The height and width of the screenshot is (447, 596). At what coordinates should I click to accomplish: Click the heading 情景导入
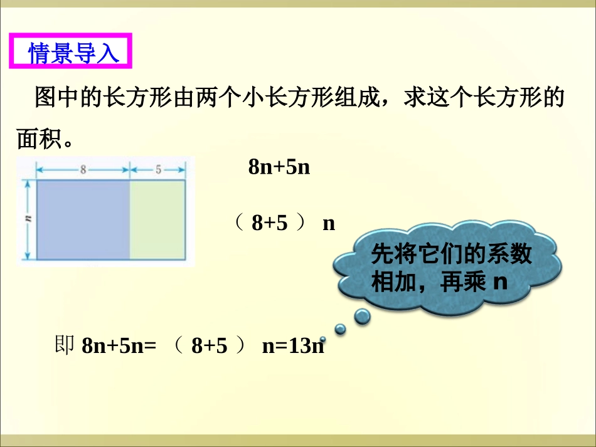[x=73, y=53]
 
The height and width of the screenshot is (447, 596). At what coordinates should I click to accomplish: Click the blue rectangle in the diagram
[x=83, y=219]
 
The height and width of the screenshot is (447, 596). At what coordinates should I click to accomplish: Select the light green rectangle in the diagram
[x=157, y=219]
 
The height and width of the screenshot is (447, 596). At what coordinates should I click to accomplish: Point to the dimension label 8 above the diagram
[x=83, y=169]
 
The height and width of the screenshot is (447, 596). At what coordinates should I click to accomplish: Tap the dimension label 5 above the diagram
[x=157, y=169]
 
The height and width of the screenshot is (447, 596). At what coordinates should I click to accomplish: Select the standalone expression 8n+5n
[x=280, y=167]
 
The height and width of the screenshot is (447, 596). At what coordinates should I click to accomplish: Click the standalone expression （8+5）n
[x=285, y=223]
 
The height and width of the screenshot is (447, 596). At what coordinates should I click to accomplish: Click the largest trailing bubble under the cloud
[x=363, y=317]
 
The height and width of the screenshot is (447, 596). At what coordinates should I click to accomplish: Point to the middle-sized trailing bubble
[x=340, y=329]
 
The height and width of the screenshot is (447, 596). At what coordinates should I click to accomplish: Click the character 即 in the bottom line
[x=65, y=345]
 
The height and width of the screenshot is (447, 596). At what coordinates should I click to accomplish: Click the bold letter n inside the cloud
[x=499, y=282]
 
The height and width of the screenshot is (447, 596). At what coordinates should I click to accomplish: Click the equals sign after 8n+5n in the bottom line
[x=149, y=346]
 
